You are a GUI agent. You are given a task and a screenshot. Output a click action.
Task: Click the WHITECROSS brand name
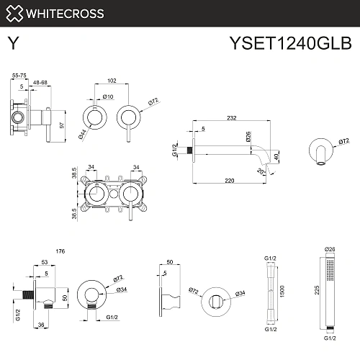point(66,13)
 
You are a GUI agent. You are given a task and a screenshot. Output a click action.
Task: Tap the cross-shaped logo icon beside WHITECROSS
point(14,13)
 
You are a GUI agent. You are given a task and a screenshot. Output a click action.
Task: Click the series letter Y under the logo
point(12,43)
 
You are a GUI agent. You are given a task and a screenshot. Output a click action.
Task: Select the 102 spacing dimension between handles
point(111,81)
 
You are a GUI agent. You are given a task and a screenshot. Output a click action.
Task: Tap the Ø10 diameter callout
point(109,96)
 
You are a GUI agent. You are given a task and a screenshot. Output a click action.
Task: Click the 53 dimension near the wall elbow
point(44,264)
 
